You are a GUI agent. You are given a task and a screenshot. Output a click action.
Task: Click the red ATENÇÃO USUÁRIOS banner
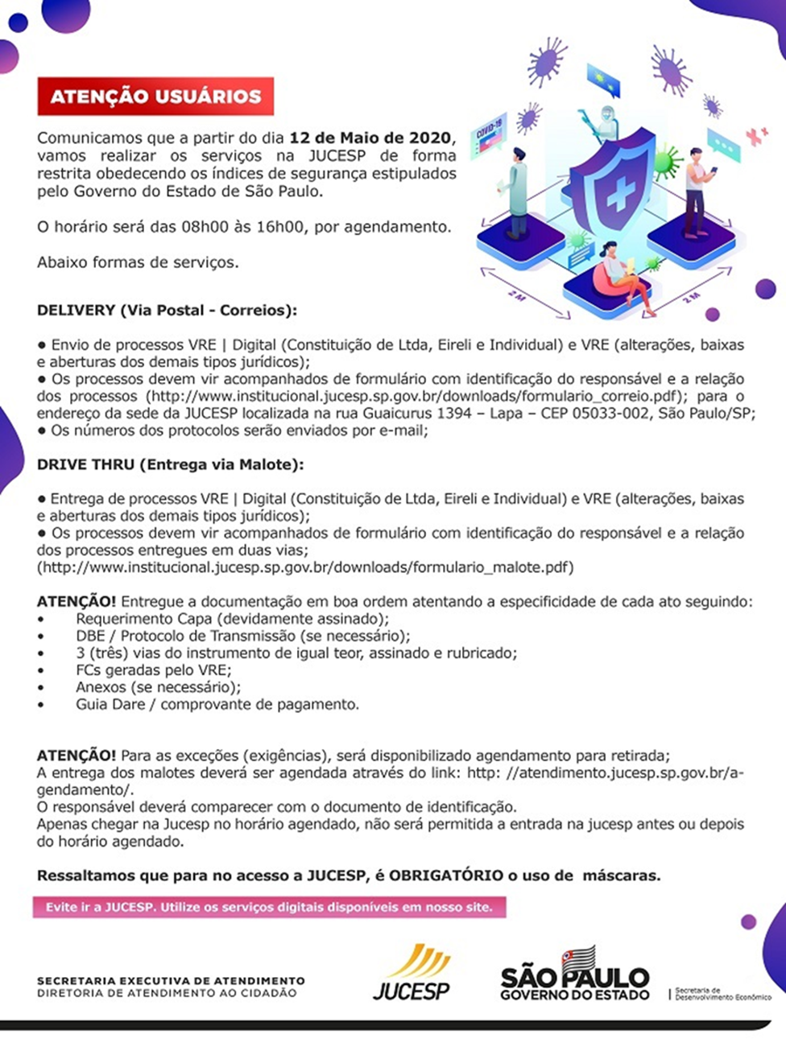[155, 97]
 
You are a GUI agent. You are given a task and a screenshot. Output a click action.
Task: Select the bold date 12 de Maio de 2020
[371, 138]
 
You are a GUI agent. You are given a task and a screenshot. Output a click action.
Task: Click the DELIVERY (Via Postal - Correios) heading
[167, 310]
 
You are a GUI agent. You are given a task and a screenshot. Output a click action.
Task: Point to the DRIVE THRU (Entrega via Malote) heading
[170, 464]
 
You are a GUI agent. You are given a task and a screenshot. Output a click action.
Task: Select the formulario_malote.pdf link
[307, 567]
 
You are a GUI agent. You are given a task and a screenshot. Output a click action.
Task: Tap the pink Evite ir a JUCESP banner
[269, 907]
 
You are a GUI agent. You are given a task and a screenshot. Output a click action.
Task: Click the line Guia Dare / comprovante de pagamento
[217, 704]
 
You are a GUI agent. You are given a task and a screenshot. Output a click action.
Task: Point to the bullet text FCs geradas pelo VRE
[153, 670]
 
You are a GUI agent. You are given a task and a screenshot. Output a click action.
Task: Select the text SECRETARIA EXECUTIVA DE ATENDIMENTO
[171, 980]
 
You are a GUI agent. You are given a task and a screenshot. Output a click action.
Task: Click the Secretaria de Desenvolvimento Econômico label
[722, 994]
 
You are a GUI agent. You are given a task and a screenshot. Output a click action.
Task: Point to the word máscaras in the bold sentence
[621, 876]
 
